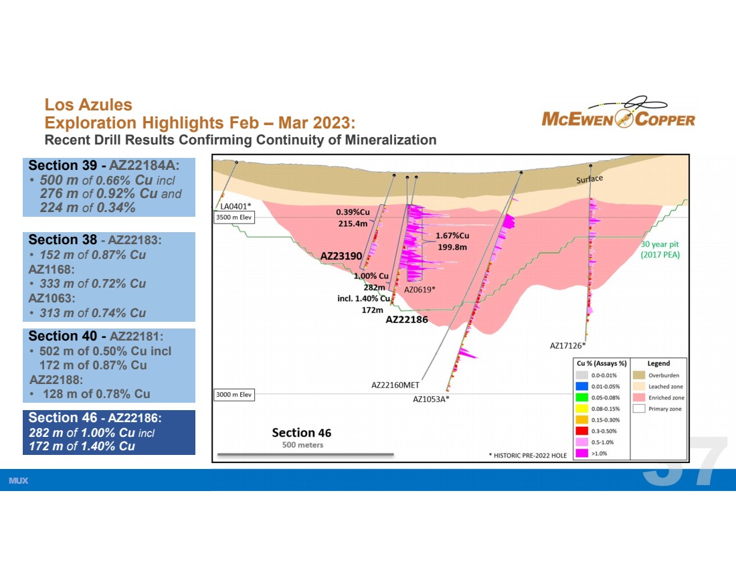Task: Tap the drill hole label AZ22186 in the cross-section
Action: [x=407, y=320]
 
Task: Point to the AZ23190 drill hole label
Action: [x=341, y=256]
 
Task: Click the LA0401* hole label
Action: [x=236, y=206]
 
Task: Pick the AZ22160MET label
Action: [x=395, y=385]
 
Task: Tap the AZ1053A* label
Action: [x=431, y=399]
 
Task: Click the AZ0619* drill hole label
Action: [x=420, y=290]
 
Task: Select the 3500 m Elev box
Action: [x=234, y=217]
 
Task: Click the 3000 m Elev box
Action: [x=234, y=395]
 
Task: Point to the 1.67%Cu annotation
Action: [x=452, y=235]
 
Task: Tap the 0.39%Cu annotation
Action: [x=353, y=212]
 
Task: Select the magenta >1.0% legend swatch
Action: [x=582, y=454]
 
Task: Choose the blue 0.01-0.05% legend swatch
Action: [x=582, y=386]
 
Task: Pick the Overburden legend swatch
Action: [x=639, y=375]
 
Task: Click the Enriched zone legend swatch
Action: [x=639, y=397]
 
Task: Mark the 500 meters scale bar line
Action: [x=306, y=454]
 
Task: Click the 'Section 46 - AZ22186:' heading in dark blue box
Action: [x=95, y=417]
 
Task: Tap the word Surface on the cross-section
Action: [x=589, y=179]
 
